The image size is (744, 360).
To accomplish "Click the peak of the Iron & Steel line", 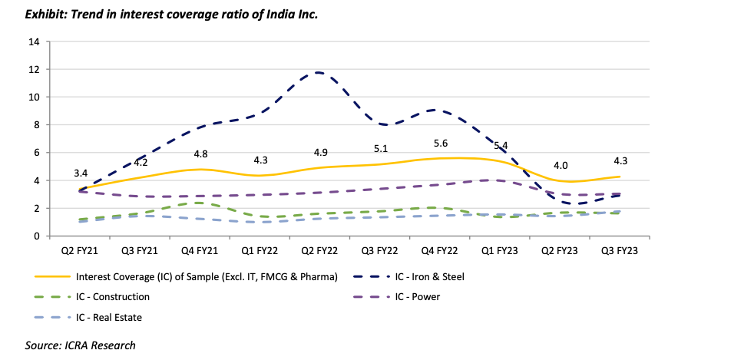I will click(316, 73).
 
